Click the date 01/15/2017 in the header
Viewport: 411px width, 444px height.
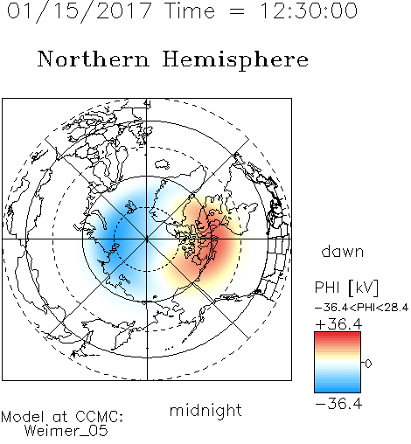click(80, 11)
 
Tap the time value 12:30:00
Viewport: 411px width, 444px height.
click(308, 10)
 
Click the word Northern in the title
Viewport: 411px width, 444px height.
click(94, 59)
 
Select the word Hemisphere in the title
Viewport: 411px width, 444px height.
click(235, 60)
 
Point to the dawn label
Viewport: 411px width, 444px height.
click(343, 251)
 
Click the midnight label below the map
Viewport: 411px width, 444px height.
click(205, 411)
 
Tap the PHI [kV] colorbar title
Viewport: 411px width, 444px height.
click(346, 288)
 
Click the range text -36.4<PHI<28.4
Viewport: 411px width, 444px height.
click(361, 308)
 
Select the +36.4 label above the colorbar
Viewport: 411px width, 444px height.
click(338, 324)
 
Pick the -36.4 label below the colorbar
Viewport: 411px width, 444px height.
click(338, 404)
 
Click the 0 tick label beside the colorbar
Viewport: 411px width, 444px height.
click(368, 364)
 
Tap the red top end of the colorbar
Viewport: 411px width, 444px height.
click(338, 334)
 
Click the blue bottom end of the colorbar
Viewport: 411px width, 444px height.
click(338, 390)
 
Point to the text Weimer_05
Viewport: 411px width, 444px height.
click(66, 430)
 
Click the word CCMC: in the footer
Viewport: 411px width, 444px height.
click(99, 417)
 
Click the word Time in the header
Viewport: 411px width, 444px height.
click(190, 10)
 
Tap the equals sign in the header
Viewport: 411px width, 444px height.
click(237, 11)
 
